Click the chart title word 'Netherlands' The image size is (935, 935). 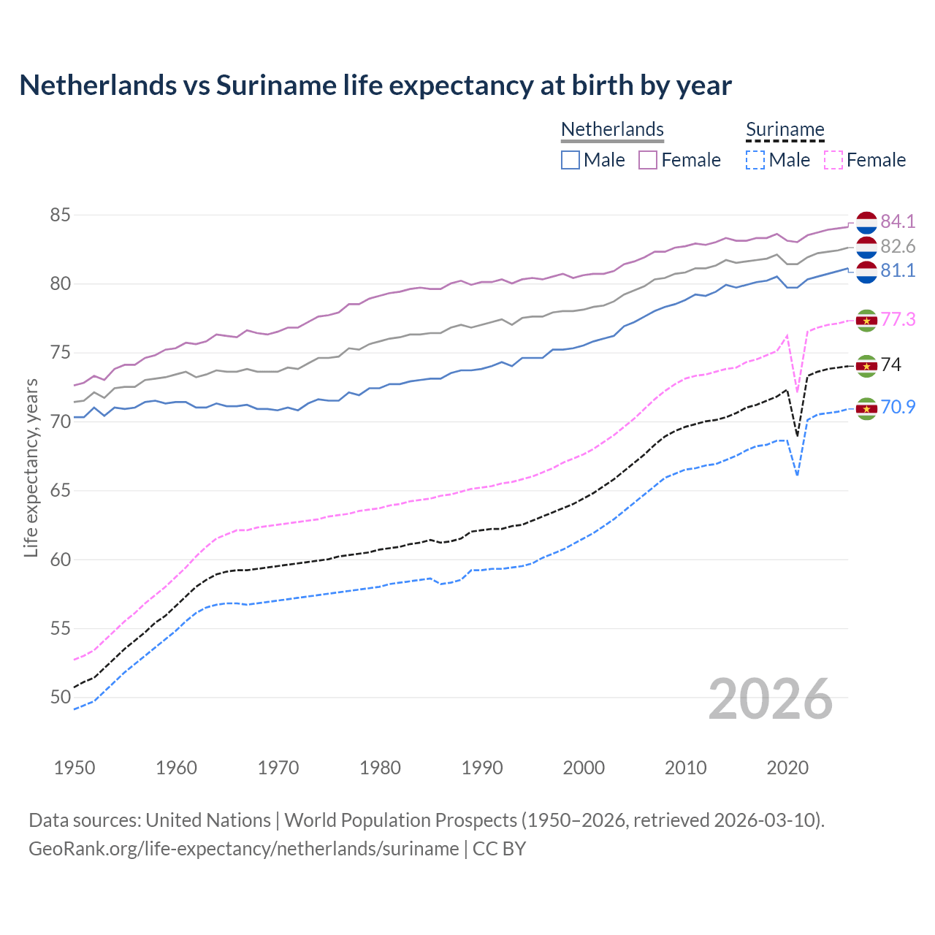[x=96, y=85]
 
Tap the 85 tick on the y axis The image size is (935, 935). [x=60, y=215]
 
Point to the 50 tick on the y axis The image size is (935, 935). [x=60, y=698]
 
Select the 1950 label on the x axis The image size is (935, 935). [x=75, y=768]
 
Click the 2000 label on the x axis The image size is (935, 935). [x=584, y=768]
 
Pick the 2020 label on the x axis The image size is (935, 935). [x=787, y=768]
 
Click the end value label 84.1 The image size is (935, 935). [x=898, y=221]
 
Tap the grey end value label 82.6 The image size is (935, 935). [x=898, y=246]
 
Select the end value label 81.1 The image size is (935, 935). [x=898, y=271]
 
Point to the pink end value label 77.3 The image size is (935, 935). [x=898, y=320]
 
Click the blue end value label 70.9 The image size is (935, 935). [x=898, y=408]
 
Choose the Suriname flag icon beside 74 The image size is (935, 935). [x=866, y=365]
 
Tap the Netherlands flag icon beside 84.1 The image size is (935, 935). [x=866, y=221]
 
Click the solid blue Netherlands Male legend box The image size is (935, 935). [x=570, y=160]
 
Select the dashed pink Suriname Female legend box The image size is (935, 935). [x=833, y=160]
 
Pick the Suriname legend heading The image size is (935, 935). [x=785, y=129]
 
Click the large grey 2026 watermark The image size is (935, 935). [x=770, y=699]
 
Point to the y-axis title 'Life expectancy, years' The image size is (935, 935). [x=31, y=467]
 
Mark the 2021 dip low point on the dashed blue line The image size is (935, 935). [x=797, y=476]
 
